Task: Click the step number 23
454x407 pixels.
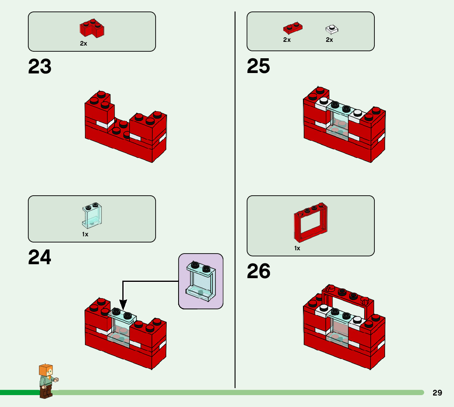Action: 40,67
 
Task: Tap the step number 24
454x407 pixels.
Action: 40,258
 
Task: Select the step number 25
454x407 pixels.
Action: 258,66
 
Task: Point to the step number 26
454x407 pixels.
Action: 259,272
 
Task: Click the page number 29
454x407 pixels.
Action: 437,393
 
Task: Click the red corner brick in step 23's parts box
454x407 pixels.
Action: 92,28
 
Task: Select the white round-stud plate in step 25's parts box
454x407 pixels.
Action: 332,29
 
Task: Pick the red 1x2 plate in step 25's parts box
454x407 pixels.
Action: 293,27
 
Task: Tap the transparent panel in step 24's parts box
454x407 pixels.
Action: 92,216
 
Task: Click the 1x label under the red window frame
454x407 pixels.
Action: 297,248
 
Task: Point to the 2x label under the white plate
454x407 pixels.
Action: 329,40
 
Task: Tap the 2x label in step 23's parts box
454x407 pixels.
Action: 83,43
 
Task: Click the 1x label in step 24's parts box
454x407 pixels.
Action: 85,234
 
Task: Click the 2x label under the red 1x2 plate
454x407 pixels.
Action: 287,40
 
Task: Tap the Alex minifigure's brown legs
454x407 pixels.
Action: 46,391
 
